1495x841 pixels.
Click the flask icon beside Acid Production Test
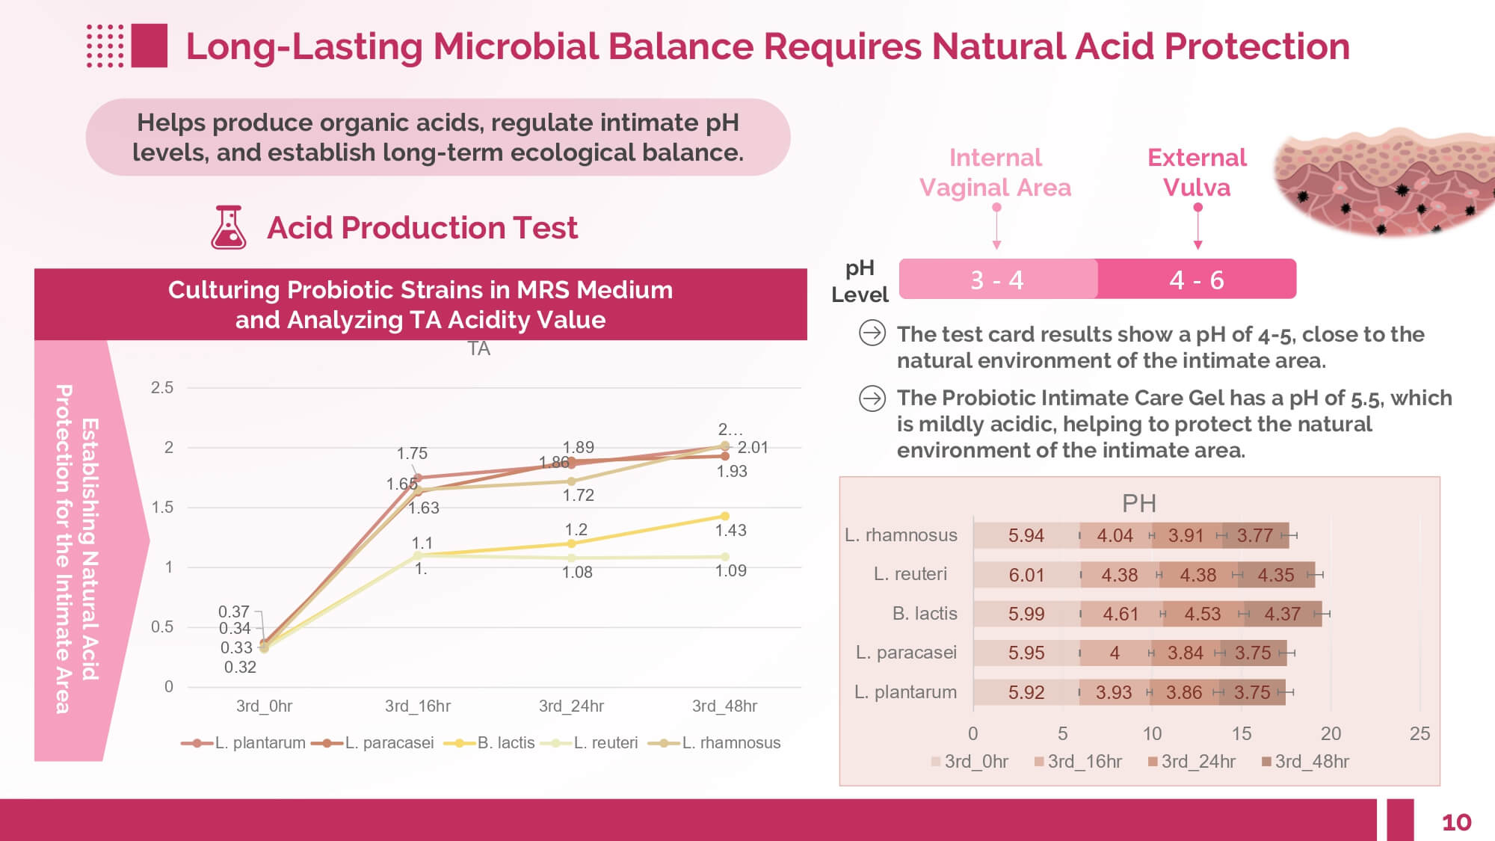pos(229,227)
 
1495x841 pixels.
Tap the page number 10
pos(1455,822)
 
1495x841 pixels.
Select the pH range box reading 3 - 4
pos(997,280)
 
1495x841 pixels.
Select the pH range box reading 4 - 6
pos(1196,280)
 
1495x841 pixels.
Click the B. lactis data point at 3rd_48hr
pos(724,516)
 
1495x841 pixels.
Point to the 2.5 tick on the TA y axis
pos(162,387)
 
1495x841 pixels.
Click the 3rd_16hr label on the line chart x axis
pos(418,706)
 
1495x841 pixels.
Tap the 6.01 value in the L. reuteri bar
pos(1026,575)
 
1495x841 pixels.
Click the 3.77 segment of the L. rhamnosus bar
pos(1255,535)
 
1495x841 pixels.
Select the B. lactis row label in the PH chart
pos(925,614)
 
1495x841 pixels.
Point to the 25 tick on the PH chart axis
pos(1420,733)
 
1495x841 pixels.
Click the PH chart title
pos(1138,503)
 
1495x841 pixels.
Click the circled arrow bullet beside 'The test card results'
pos(872,333)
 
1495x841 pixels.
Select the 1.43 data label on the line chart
pos(730,530)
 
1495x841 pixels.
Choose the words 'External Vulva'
pos(1197,172)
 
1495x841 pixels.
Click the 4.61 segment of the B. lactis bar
pos(1121,614)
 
